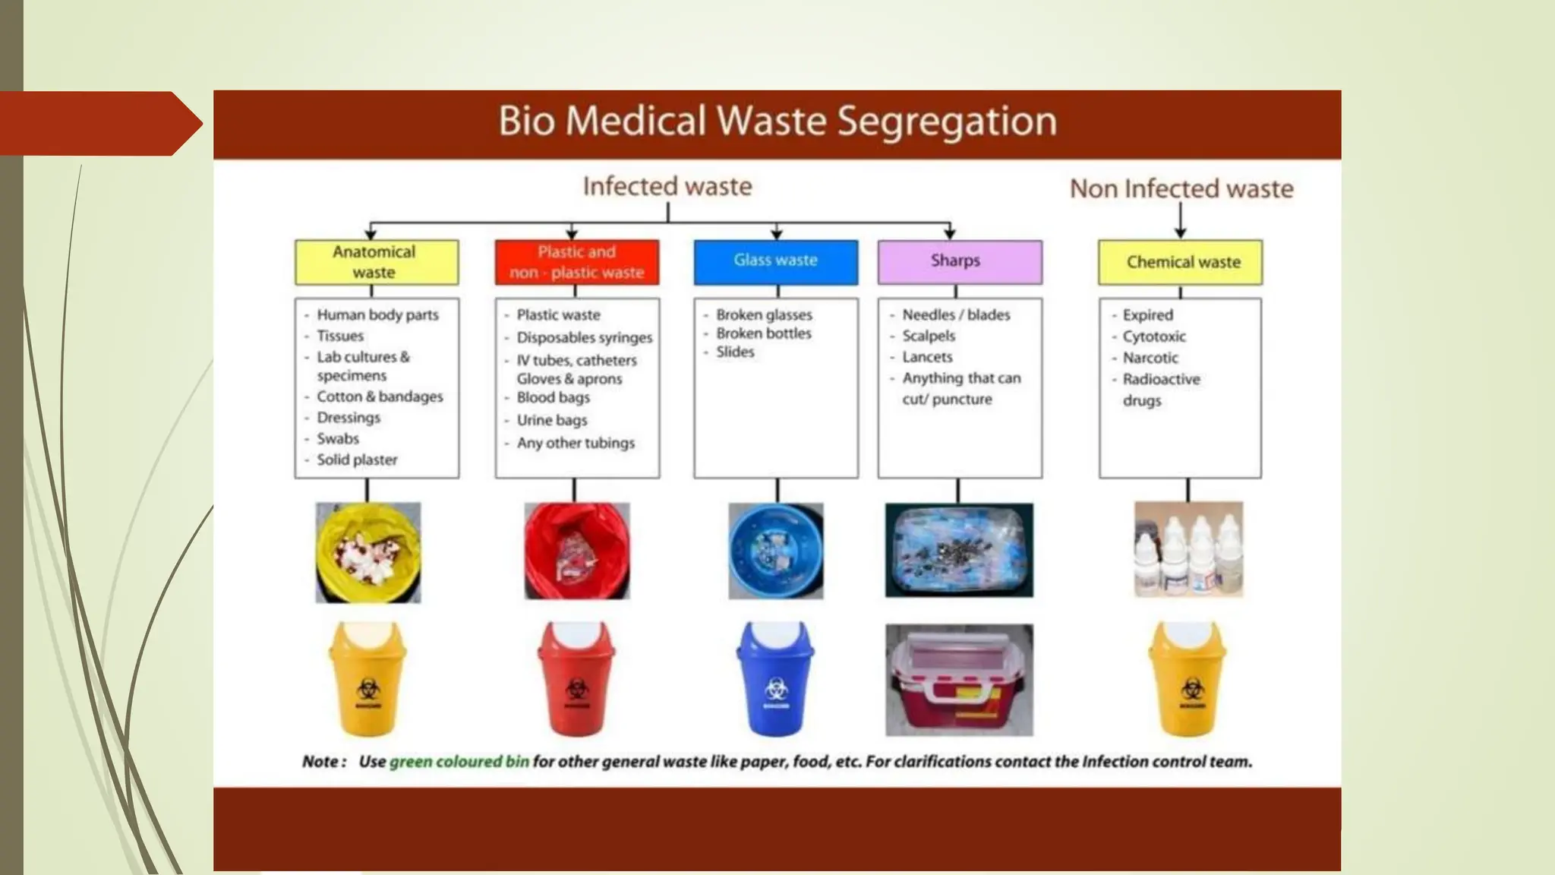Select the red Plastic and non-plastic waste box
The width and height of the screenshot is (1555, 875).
(x=577, y=262)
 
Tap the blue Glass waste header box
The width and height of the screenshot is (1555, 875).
(x=775, y=262)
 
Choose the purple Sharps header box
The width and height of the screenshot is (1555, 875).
(x=960, y=262)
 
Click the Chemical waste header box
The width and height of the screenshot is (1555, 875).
(x=1181, y=262)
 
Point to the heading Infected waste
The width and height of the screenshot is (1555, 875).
(x=667, y=186)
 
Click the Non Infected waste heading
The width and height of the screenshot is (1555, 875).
(x=1181, y=188)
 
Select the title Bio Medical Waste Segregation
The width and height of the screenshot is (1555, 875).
(x=777, y=122)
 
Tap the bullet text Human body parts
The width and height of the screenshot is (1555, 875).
(x=377, y=314)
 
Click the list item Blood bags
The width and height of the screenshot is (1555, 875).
(x=553, y=397)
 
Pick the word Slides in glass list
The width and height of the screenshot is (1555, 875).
(x=735, y=352)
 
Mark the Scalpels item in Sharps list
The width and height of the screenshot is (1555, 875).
(x=929, y=336)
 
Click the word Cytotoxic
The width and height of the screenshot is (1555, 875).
(x=1154, y=336)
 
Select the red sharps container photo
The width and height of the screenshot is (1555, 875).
(x=959, y=680)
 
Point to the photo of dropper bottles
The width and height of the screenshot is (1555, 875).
(x=1188, y=549)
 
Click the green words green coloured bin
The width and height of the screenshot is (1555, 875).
(x=459, y=761)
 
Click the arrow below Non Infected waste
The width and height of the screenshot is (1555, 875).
(x=1181, y=222)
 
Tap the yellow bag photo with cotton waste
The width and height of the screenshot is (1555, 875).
(x=368, y=552)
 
